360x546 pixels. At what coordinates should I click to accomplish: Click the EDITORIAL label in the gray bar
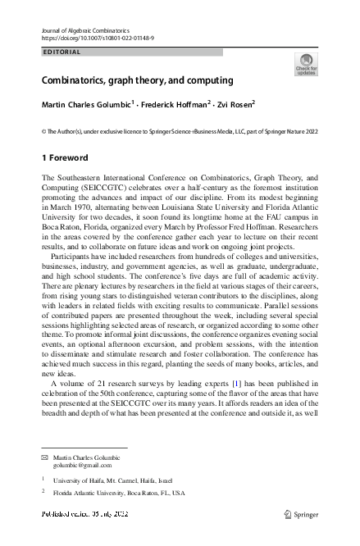point(62,52)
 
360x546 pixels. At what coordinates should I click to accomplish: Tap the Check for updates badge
point(306,65)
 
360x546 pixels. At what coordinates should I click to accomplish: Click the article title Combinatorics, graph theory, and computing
point(138,80)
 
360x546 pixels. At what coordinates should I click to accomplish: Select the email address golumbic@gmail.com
point(81,464)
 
